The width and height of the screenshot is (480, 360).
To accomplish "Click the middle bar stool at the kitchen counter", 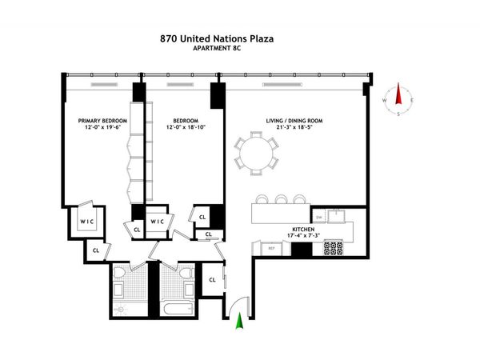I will tap(281, 199).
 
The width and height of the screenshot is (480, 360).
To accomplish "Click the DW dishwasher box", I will tap(318, 217).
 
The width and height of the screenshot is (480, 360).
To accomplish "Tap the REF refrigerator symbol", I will tap(270, 249).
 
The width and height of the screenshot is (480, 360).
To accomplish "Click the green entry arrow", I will tap(238, 321).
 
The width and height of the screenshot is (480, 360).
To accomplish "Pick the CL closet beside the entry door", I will tap(212, 279).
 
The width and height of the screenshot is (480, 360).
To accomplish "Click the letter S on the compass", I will tap(398, 114).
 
